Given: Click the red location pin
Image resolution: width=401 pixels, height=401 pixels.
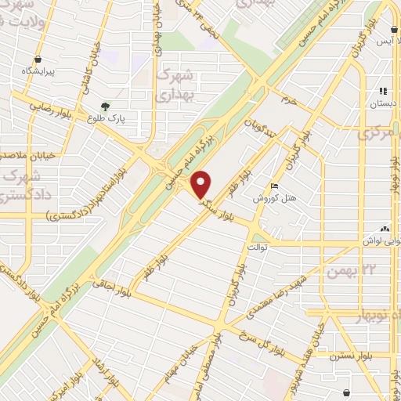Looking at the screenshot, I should pos(202,184).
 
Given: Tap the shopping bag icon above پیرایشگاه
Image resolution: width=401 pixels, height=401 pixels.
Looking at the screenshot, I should pos(38,58).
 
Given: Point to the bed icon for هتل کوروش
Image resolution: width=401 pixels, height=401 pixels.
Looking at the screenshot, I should pos(273,185).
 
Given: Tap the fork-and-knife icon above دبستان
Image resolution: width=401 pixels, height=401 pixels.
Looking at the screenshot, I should pos(383,90).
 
